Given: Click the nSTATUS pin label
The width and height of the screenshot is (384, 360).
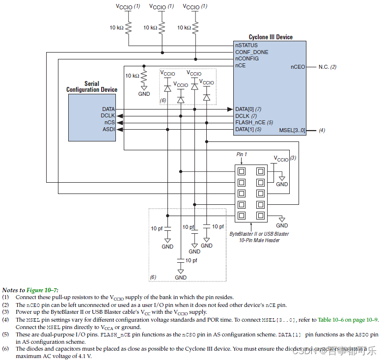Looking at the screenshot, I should pyautogui.click(x=246, y=45).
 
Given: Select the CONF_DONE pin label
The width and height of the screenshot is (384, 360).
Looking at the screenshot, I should pyautogui.click(x=251, y=52).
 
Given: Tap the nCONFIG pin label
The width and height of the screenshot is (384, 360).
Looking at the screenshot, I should pyautogui.click(x=247, y=58).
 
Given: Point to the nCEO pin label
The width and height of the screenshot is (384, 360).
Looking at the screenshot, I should pyautogui.click(x=298, y=67).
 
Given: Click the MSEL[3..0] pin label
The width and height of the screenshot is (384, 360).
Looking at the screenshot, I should pyautogui.click(x=292, y=130).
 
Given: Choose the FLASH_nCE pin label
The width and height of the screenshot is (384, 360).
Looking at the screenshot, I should pyautogui.click(x=250, y=122).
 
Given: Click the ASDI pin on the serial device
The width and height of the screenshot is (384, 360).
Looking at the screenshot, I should pyautogui.click(x=109, y=129).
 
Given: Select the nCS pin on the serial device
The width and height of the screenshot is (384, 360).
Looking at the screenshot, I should pyautogui.click(x=109, y=122).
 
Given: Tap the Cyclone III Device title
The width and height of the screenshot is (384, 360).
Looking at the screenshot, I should pyautogui.click(x=271, y=37).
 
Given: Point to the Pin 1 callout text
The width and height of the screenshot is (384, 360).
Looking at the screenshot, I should pyautogui.click(x=242, y=154).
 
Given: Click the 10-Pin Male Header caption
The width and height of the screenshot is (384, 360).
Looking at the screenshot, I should pyautogui.click(x=259, y=240).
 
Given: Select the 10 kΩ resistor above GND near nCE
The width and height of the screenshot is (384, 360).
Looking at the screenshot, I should pyautogui.click(x=144, y=76).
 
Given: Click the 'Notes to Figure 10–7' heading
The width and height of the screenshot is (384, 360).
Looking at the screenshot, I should pyautogui.click(x=30, y=290).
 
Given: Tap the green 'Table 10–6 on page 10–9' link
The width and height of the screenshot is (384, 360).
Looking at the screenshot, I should pyautogui.click(x=347, y=320).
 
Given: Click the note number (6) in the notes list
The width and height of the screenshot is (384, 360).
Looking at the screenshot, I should pyautogui.click(x=5, y=349).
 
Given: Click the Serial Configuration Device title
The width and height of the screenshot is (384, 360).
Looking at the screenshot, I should pyautogui.click(x=92, y=87).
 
